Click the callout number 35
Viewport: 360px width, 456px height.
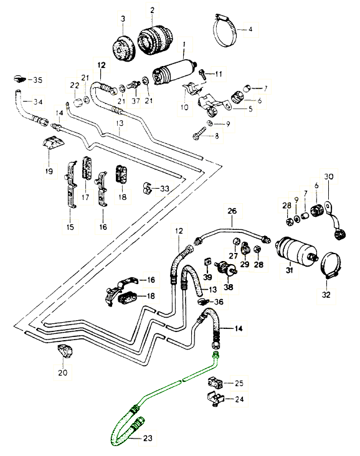(x=37, y=80)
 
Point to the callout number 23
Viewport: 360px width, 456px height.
(x=148, y=438)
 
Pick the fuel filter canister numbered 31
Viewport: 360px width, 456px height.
(x=296, y=250)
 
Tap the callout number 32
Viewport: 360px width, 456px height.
(x=326, y=295)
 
